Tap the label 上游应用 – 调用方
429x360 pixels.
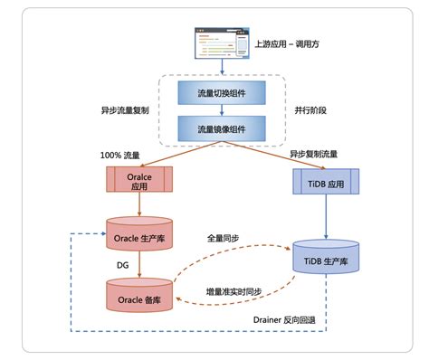[289, 43]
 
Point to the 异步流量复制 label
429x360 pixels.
[127, 111]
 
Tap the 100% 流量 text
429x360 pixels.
[120, 156]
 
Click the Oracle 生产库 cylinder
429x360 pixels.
[138, 237]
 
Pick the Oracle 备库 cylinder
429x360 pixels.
[138, 296]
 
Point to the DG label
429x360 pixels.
[122, 267]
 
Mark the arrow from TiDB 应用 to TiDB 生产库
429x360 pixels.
[323, 218]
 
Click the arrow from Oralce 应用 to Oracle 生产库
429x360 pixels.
[138, 205]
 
